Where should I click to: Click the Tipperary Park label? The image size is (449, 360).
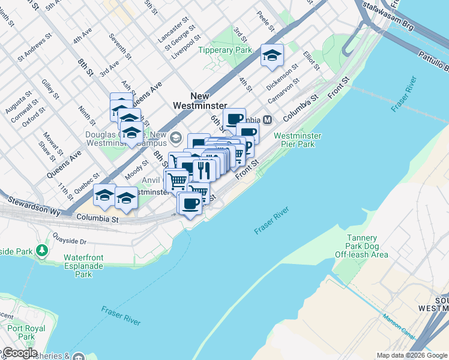(225, 50)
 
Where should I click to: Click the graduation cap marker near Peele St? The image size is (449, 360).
(272, 56)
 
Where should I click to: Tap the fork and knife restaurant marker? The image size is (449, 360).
(204, 170)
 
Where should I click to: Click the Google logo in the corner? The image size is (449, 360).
(19, 353)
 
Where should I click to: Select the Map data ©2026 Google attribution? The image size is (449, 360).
(412, 355)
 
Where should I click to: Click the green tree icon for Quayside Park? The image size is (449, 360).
(42, 250)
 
